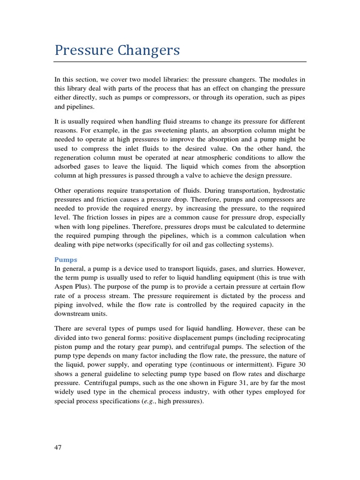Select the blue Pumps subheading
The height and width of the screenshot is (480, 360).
coord(66,259)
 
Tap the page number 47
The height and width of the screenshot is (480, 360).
coord(58,447)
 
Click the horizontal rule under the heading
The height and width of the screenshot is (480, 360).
coord(180,61)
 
